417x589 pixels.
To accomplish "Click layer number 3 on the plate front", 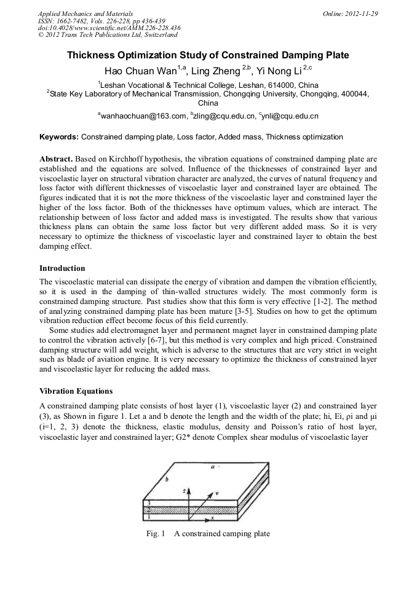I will pyautogui.click(x=146, y=502).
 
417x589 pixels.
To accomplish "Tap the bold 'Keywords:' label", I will pyautogui.click(x=59, y=137).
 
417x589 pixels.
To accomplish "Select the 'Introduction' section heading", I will pyautogui.click(x=62, y=268).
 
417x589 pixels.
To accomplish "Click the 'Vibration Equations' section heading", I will pyautogui.click(x=76, y=391).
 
